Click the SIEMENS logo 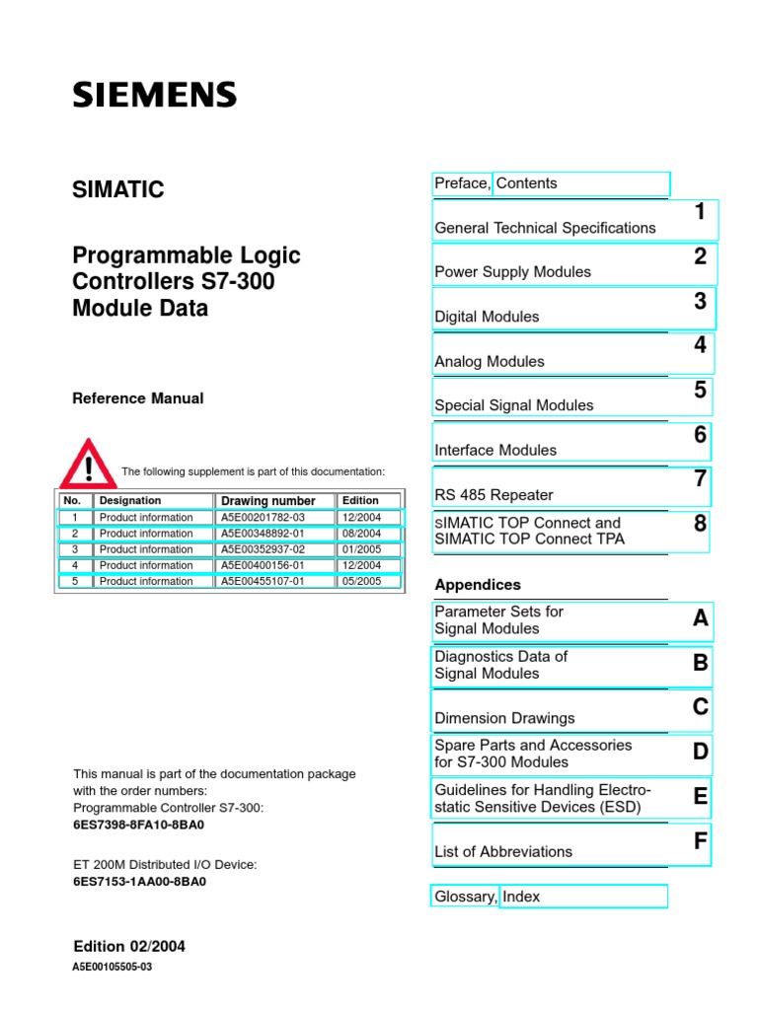coord(154,95)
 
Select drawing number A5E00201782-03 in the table coord(263,517)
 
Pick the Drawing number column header coord(268,501)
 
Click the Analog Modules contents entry coord(490,362)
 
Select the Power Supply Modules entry coord(512,272)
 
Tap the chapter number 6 coord(700,435)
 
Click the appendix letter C coord(700,706)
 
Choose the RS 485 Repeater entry coord(493,495)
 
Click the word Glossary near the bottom coord(465,897)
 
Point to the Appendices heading coord(478,585)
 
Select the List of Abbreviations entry coord(503,851)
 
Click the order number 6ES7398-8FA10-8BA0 coord(139,825)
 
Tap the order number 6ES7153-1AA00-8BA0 coord(139,882)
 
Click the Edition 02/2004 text coord(128,947)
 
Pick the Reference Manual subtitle coord(138,398)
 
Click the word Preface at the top coord(462,183)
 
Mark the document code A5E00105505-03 coord(113,968)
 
